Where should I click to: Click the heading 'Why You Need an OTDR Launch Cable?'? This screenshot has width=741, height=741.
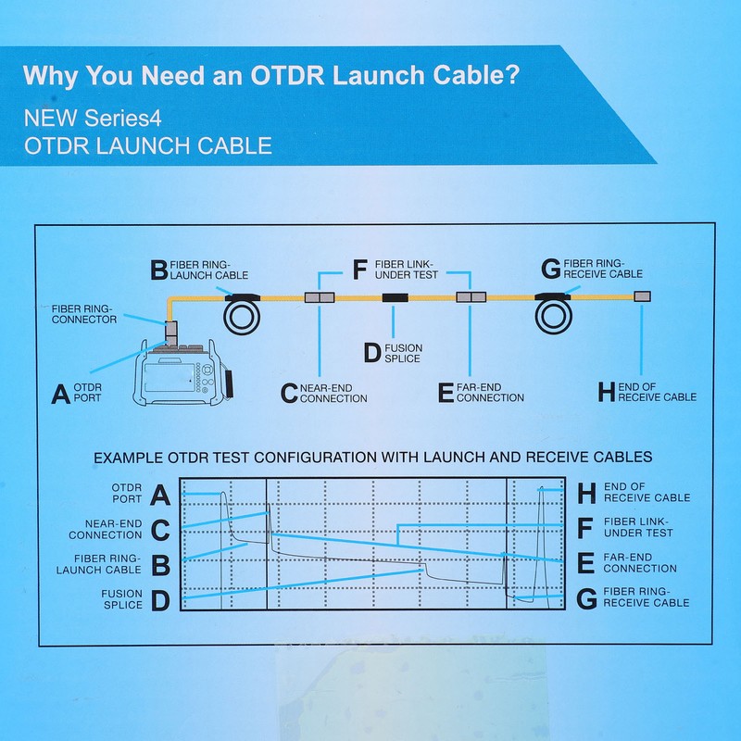pos(270,75)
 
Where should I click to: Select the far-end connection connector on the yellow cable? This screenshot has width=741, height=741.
pos(471,297)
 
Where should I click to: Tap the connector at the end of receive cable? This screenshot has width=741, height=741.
pos(642,296)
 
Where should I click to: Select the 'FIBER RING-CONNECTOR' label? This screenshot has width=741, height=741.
pos(84,313)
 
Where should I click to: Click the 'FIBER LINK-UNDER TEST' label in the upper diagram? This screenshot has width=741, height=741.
pos(406,270)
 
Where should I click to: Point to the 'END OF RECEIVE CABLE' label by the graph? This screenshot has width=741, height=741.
pos(647,492)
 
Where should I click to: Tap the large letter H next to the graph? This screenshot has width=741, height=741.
pos(586,493)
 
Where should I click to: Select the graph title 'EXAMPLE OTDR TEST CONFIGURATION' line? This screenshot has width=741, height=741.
pos(373,457)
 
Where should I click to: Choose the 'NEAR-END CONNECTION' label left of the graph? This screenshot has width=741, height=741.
pos(106,529)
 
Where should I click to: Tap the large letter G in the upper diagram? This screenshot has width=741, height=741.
pos(551,269)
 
